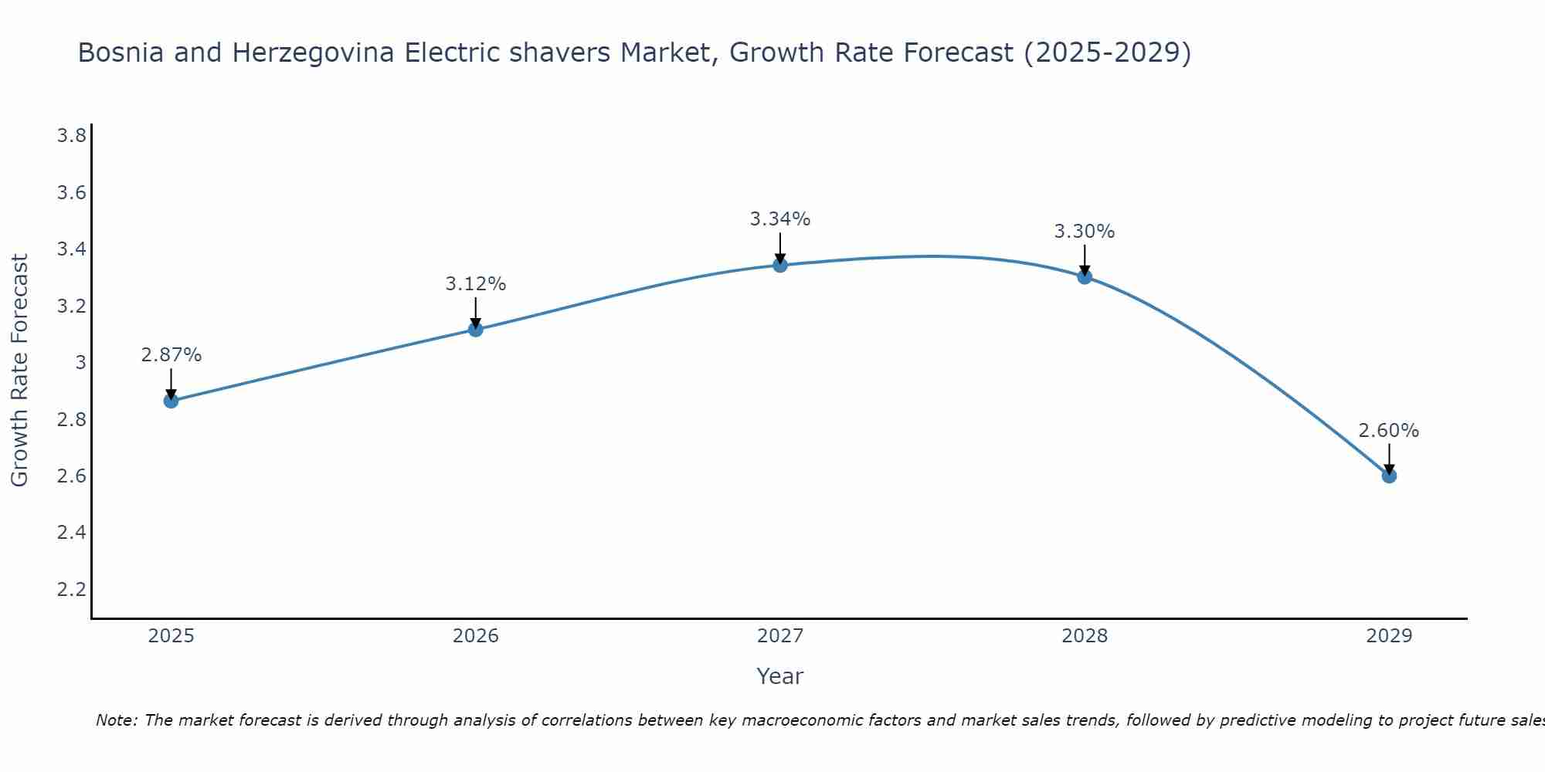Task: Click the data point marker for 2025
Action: (x=171, y=401)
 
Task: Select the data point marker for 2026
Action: (x=475, y=330)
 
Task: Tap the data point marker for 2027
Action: (x=780, y=265)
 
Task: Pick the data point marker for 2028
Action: (x=1085, y=276)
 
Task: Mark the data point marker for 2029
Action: (x=1389, y=476)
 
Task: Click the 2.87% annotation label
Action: (x=171, y=355)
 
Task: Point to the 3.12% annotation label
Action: (x=475, y=284)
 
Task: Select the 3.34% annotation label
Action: (x=780, y=219)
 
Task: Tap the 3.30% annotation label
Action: (x=1085, y=232)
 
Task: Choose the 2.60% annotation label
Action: (x=1389, y=431)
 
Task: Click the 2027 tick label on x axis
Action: (x=780, y=636)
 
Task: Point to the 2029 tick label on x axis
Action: (x=1389, y=636)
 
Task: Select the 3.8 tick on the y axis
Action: (x=71, y=136)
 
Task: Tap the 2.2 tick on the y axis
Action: (x=71, y=590)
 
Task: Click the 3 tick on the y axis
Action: (x=80, y=363)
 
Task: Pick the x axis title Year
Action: (x=780, y=676)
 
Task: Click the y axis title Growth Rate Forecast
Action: (x=20, y=371)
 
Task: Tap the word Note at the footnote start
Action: (x=115, y=720)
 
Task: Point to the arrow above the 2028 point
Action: (x=1085, y=259)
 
